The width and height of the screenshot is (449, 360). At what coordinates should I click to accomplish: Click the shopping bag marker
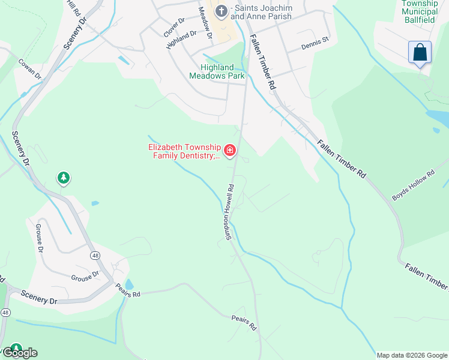tap(420, 52)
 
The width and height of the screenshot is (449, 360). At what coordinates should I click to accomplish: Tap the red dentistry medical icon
tap(229, 149)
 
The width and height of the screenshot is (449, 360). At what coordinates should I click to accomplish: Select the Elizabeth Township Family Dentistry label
tap(184, 152)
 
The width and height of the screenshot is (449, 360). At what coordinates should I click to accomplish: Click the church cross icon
tap(221, 11)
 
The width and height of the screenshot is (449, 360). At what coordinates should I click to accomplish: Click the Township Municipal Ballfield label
tap(419, 11)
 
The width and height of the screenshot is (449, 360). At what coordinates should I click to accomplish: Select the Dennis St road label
tap(316, 43)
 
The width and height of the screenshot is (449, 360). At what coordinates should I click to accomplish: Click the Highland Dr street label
tap(181, 40)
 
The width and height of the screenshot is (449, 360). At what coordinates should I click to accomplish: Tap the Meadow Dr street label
tap(205, 24)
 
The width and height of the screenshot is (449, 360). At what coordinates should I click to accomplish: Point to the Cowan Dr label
tap(29, 68)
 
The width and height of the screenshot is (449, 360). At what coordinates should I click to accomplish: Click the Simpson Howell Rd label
tap(229, 212)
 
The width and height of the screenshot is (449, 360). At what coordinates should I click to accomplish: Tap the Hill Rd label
tap(73, 8)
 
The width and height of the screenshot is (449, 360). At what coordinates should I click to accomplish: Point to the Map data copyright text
tap(412, 355)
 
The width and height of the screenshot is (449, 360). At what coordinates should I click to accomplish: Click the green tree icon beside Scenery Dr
tap(64, 178)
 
